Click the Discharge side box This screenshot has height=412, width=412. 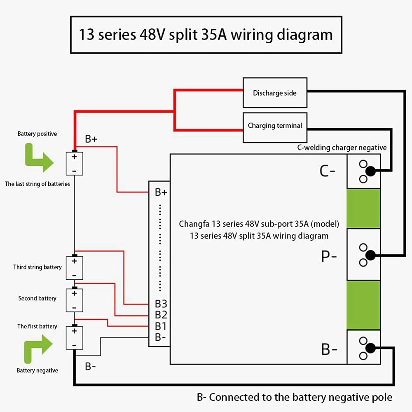tap(275, 92)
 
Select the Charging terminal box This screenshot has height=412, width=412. tap(275, 128)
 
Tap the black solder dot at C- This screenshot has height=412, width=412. tap(370, 171)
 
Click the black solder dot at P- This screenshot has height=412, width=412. tap(370, 255)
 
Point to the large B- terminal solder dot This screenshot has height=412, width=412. tap(370, 348)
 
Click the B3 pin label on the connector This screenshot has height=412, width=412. tap(161, 304)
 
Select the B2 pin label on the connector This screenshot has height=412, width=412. tap(161, 315)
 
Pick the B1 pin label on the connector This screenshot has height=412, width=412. tap(160, 326)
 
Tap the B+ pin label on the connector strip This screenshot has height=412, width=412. tap(161, 192)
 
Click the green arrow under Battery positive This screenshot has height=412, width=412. tap(39, 158)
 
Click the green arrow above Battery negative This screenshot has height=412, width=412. tap(38, 349)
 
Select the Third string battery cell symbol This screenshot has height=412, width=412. tap(74, 268)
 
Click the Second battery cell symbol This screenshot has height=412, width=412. tap(74, 300)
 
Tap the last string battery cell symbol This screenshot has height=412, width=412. tap(74, 164)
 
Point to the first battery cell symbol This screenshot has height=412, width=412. tap(74, 338)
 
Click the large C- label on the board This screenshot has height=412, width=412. tap(328, 171)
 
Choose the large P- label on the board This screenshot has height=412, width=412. tap(329, 256)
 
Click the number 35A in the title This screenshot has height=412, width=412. tap(214, 35)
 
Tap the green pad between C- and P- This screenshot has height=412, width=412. tap(364, 208)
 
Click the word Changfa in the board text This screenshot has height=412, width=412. tap(194, 224)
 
